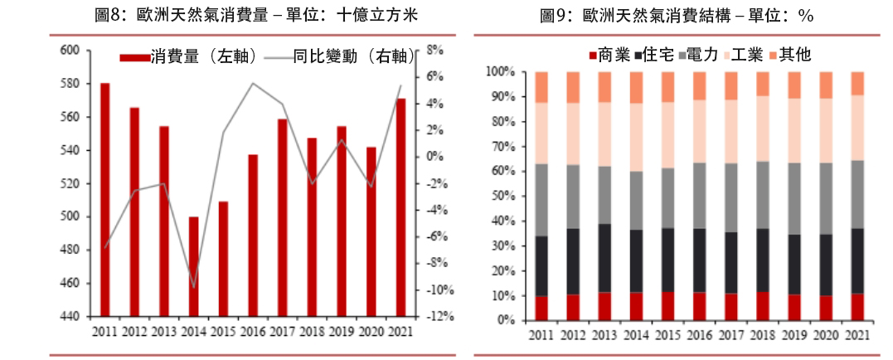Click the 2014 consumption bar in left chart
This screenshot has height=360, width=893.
pyautogui.click(x=194, y=266)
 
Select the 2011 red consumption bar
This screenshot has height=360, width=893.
pyautogui.click(x=105, y=199)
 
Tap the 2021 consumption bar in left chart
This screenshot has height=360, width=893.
pyautogui.click(x=400, y=207)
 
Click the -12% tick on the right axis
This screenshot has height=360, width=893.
pyautogui.click(x=439, y=317)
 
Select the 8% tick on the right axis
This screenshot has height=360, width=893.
pyautogui.click(x=435, y=50)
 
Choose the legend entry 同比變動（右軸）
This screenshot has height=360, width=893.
pyautogui.click(x=340, y=56)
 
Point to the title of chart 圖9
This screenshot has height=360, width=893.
pyautogui.click(x=676, y=16)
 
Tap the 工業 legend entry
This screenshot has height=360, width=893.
pyautogui.click(x=744, y=55)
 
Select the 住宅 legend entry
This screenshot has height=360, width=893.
pyautogui.click(x=657, y=55)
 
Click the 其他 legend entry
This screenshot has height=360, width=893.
pyautogui.click(x=789, y=55)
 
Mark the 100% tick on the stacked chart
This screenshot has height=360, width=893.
pyautogui.click(x=502, y=72)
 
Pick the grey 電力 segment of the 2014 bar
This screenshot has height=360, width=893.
pyautogui.click(x=636, y=200)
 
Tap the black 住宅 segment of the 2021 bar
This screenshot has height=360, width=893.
pyautogui.click(x=857, y=260)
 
